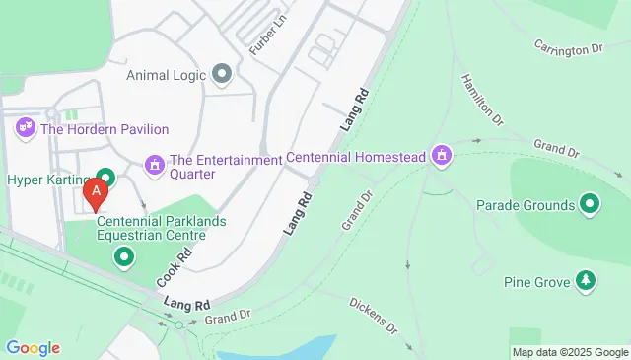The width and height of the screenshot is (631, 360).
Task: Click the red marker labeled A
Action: click(96, 193)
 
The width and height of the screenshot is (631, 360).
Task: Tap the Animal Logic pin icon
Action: click(222, 73)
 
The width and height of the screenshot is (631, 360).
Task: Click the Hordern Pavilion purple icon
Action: click(25, 128)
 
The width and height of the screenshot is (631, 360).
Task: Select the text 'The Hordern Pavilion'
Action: click(104, 129)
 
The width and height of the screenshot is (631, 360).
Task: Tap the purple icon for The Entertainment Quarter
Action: click(154, 163)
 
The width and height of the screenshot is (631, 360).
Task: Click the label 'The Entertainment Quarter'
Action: click(226, 167)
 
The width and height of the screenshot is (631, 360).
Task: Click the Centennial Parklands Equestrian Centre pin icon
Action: click(124, 258)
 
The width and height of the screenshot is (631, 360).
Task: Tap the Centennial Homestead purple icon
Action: click(444, 155)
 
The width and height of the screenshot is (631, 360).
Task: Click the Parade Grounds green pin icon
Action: click(590, 205)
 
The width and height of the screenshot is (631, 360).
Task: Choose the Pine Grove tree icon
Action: click(587, 281)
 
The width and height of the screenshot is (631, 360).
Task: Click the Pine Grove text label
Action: click(536, 283)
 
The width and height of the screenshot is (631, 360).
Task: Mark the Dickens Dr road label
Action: click(373, 313)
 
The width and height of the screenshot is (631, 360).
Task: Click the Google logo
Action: click(33, 347)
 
